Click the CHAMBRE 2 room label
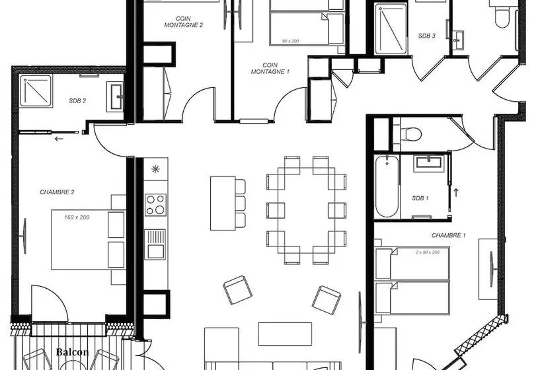[x=57, y=192]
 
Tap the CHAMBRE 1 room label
[x=449, y=235]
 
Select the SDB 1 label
[x=420, y=198]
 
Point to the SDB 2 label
[x=77, y=101]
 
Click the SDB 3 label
[x=427, y=36]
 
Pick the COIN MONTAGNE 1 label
[x=270, y=69]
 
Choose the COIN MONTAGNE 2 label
[x=184, y=22]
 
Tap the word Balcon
[x=72, y=352]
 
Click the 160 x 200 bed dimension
[x=77, y=217]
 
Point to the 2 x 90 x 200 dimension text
[x=428, y=252]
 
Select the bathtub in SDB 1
[x=387, y=186]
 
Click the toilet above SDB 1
[x=411, y=134]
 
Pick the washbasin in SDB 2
[x=115, y=96]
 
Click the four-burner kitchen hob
[x=155, y=205]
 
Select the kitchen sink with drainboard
[x=155, y=244]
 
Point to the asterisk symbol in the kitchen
[x=155, y=169]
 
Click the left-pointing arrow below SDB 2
[x=59, y=139]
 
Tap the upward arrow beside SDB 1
[x=456, y=192]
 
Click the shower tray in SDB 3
[x=391, y=28]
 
